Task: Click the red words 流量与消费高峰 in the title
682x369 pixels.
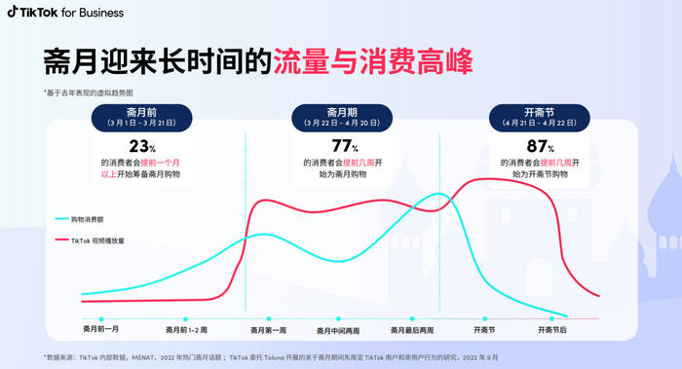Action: coord(373,60)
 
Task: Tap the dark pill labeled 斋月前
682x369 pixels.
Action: coord(142,118)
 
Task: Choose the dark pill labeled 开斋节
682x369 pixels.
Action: coord(539,118)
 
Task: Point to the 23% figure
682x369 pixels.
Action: coord(142,146)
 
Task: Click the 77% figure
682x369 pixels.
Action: coord(344,146)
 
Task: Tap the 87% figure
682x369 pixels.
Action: coord(539,146)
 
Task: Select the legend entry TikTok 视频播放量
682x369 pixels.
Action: coord(97,240)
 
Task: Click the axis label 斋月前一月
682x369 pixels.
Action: coord(101,330)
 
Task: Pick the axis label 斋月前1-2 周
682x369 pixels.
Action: coord(186,330)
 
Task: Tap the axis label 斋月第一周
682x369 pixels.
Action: coord(268,330)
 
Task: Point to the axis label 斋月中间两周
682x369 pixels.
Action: coord(339,330)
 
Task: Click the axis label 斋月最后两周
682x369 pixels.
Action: coord(412,330)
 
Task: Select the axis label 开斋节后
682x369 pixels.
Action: coord(552,330)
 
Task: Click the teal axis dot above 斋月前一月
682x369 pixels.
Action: coord(101,318)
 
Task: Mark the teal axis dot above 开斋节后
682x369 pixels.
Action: coord(552,318)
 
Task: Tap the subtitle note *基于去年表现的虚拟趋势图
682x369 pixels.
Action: coord(89,92)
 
